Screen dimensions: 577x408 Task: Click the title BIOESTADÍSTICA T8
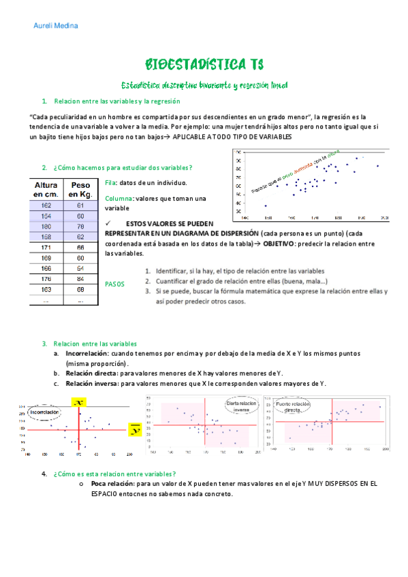click(204, 65)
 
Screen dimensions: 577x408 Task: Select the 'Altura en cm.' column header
click(46, 189)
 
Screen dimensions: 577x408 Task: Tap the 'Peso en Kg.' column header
click(80, 189)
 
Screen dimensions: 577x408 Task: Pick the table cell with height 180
click(46, 227)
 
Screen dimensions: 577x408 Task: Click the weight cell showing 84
click(80, 278)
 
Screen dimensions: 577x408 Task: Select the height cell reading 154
click(46, 216)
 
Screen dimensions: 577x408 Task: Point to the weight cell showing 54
click(80, 268)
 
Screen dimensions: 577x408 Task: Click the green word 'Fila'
click(110, 182)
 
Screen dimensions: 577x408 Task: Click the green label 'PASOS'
click(115, 284)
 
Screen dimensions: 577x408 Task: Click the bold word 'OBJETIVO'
click(283, 243)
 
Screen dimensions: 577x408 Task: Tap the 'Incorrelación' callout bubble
click(44, 412)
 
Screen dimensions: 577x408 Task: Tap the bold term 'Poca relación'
click(112, 484)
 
